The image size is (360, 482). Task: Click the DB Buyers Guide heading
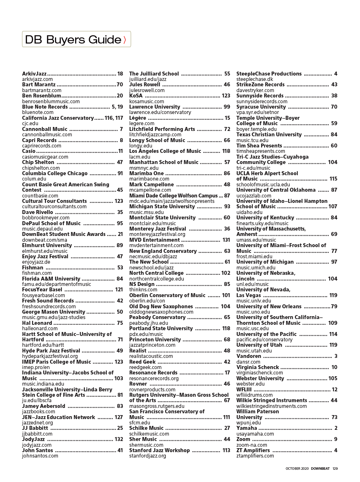click(73, 40)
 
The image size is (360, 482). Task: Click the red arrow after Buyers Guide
click(125, 40)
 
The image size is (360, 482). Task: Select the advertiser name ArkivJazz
click(34, 74)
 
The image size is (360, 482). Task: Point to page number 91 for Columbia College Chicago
click(120, 173)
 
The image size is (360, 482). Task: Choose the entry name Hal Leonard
click(37, 323)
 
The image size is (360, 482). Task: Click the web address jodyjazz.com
click(37, 445)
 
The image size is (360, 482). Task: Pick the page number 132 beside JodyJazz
click(119, 439)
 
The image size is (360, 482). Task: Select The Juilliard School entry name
click(154, 74)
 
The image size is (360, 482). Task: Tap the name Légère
click(138, 118)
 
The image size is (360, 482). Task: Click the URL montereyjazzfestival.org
click(157, 234)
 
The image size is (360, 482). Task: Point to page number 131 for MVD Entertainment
click(226, 240)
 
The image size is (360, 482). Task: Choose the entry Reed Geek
click(142, 362)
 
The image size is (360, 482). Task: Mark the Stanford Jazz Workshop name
click(159, 450)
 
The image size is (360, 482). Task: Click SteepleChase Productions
click(269, 74)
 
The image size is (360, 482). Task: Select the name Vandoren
click(249, 356)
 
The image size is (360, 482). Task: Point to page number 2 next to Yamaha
click(336, 428)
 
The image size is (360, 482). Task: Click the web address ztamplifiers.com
click(255, 456)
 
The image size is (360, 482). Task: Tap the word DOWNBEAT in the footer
click(320, 469)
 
